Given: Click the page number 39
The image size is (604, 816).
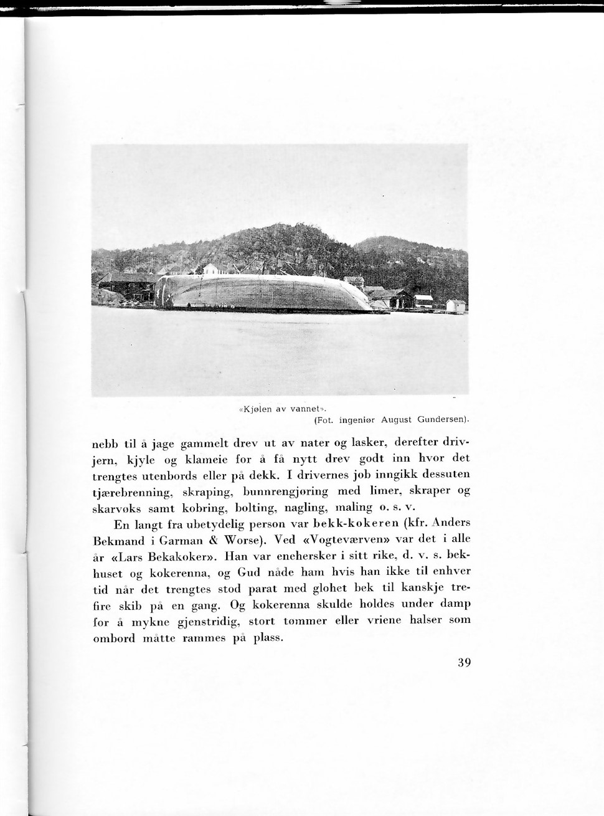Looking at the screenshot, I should click(463, 662).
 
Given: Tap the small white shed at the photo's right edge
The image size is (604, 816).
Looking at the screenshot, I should click(456, 306).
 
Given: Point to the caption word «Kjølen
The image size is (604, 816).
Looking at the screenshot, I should click(255, 409).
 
